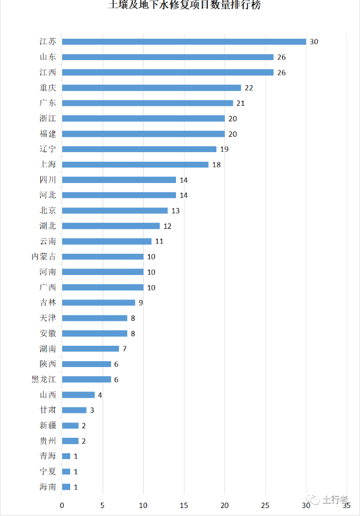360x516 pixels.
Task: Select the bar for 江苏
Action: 184,41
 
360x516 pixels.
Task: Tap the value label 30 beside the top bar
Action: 314,41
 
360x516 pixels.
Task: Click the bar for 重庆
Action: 152,88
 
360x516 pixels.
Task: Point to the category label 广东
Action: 48,103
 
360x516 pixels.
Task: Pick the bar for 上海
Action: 135,164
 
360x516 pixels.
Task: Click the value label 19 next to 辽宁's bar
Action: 224,149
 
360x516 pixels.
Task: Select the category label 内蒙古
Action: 44,256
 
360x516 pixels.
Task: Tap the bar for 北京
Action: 115,211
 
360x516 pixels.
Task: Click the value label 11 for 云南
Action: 159,241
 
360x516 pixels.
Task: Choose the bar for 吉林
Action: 98,303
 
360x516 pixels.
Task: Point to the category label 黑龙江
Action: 44,379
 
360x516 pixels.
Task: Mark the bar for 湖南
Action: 90,348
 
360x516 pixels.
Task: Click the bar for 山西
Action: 78,395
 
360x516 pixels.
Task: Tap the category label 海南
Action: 48,487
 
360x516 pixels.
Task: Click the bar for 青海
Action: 66,456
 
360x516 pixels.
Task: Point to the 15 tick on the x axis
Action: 184,505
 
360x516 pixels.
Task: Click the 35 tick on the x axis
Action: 347,505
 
